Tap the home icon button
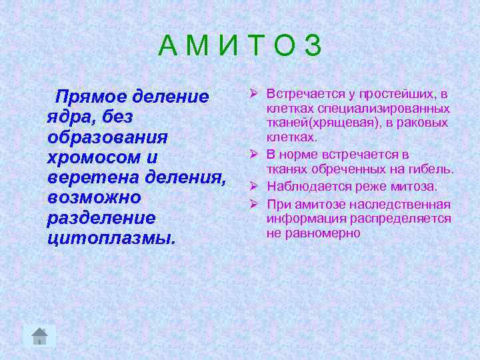pos(40,336)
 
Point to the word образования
pos(107,137)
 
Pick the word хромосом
pos(93,158)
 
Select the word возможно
pos(94,198)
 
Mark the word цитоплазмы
pos(111,239)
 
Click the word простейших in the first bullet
pos(400,94)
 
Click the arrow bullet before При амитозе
pos(255,204)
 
